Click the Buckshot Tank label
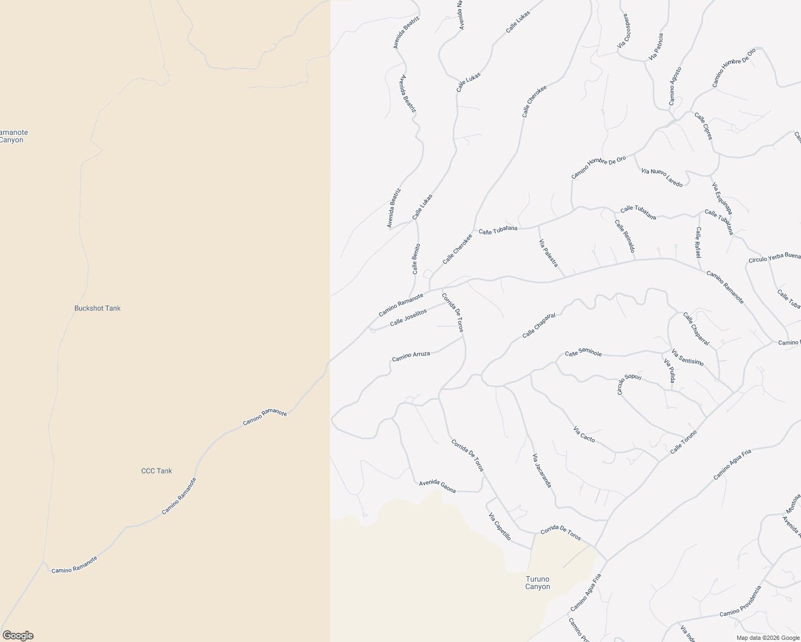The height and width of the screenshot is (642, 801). (97, 308)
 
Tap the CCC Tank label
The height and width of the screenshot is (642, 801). (156, 471)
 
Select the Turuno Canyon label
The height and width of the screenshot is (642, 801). (538, 583)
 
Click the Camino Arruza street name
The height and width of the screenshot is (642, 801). (411, 356)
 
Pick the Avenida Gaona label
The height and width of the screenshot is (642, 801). (437, 486)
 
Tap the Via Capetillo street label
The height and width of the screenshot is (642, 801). (500, 526)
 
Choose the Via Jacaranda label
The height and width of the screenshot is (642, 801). (542, 470)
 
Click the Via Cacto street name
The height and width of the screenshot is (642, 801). (584, 434)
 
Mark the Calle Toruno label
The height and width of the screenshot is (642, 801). (683, 442)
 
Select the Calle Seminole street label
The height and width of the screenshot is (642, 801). (584, 354)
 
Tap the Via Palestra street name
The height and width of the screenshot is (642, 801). (548, 253)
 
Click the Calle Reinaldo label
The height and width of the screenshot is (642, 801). (625, 236)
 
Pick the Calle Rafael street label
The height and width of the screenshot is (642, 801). (698, 242)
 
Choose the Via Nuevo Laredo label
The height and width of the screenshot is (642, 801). (662, 177)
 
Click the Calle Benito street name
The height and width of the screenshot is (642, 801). (416, 259)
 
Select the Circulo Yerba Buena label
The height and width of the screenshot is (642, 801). (774, 259)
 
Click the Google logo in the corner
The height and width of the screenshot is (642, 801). (18, 636)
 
